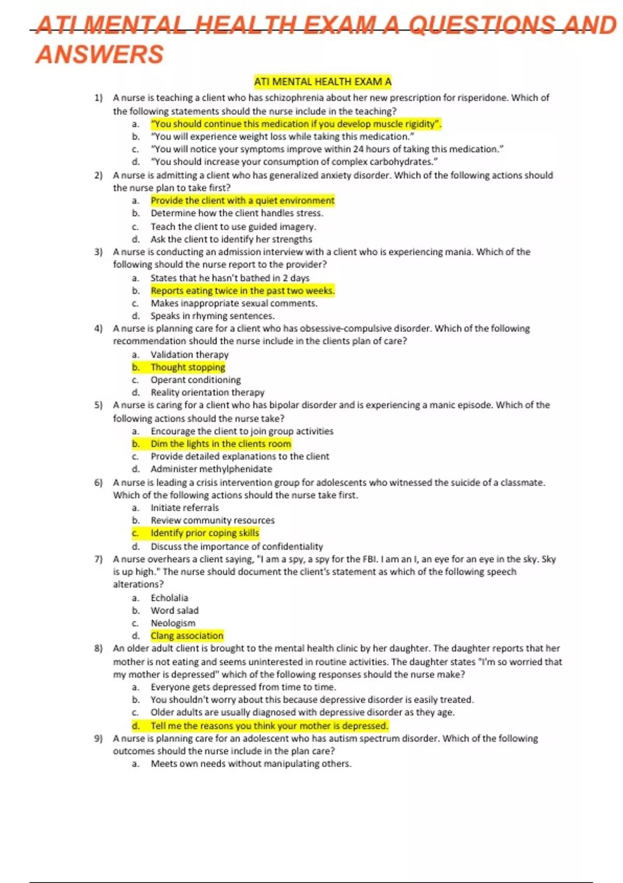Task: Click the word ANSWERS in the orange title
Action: (99, 55)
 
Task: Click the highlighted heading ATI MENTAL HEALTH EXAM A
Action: (322, 82)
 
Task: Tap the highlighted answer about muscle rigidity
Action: (296, 124)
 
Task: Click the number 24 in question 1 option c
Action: (358, 149)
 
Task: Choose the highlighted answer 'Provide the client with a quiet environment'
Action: (242, 200)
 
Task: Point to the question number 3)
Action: (99, 252)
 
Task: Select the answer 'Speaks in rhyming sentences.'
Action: (212, 316)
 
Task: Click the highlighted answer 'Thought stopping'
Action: (187, 367)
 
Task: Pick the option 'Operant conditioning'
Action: (195, 380)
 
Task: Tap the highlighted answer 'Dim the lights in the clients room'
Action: (221, 444)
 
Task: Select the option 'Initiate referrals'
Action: (184, 507)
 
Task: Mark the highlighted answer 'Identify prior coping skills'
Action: (205, 533)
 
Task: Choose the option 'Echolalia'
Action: (169, 598)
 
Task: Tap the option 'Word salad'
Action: (174, 610)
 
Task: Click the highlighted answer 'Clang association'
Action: (187, 636)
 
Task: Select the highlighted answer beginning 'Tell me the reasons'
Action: (269, 726)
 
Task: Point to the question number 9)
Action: (99, 739)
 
